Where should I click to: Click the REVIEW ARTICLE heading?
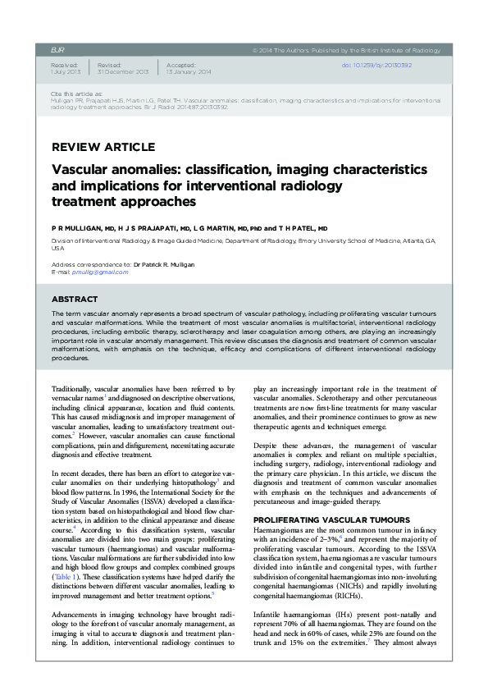point(103,147)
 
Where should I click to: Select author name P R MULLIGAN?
point(78,228)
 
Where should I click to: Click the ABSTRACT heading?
point(75,300)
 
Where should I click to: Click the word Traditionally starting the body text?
point(72,388)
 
